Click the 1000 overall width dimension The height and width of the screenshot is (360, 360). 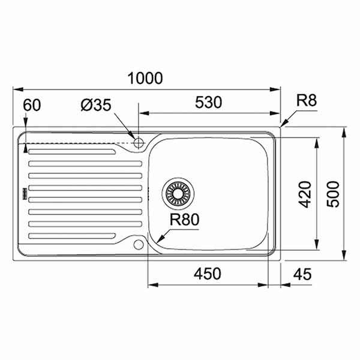(x=146, y=78)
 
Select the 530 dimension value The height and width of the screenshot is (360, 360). (x=208, y=103)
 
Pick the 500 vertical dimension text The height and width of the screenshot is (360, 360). (x=334, y=194)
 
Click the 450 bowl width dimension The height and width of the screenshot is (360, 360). (x=208, y=274)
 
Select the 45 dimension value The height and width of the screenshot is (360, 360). (x=304, y=274)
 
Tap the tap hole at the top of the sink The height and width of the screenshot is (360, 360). (x=139, y=143)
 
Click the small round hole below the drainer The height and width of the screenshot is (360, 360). (x=139, y=244)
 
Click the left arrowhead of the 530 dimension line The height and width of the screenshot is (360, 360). (x=142, y=112)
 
